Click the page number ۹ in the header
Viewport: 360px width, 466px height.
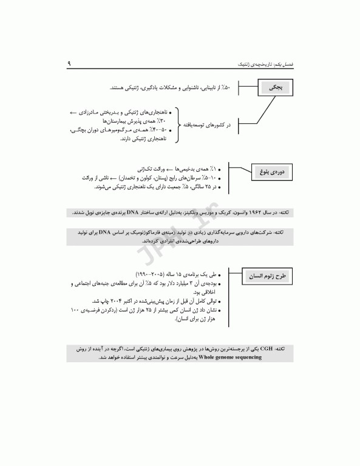point(69,62)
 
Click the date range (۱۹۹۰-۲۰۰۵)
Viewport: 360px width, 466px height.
point(149,274)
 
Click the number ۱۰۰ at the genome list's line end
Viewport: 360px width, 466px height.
point(75,310)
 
